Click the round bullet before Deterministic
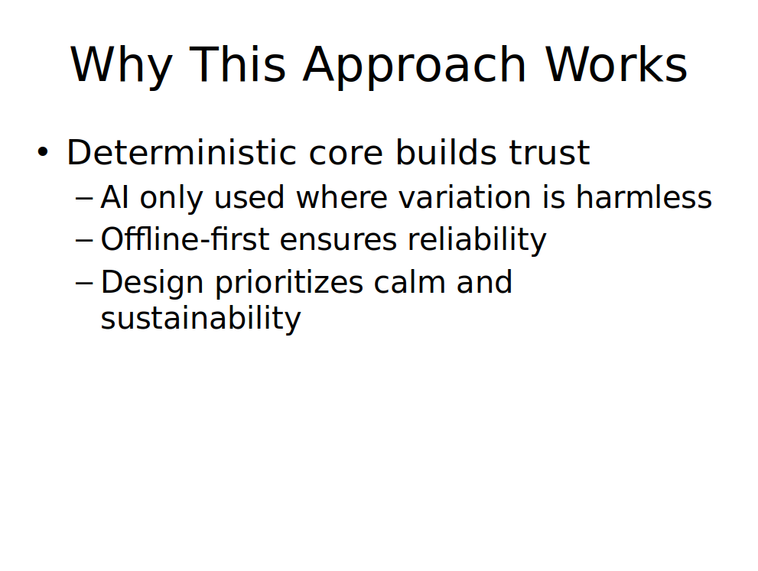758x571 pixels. [x=43, y=151]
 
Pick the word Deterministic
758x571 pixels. [x=181, y=152]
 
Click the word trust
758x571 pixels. [x=549, y=153]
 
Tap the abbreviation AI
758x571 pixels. [x=115, y=197]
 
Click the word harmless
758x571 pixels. [x=644, y=197]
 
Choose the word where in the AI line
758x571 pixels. [x=342, y=197]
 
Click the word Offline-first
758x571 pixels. [x=184, y=238]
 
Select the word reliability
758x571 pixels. [x=477, y=240]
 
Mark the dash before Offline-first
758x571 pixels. [x=84, y=240]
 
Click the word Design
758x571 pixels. [x=151, y=283]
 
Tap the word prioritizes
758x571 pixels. [x=289, y=283]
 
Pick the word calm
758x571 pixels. [x=409, y=281]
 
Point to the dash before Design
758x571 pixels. [x=84, y=283]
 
